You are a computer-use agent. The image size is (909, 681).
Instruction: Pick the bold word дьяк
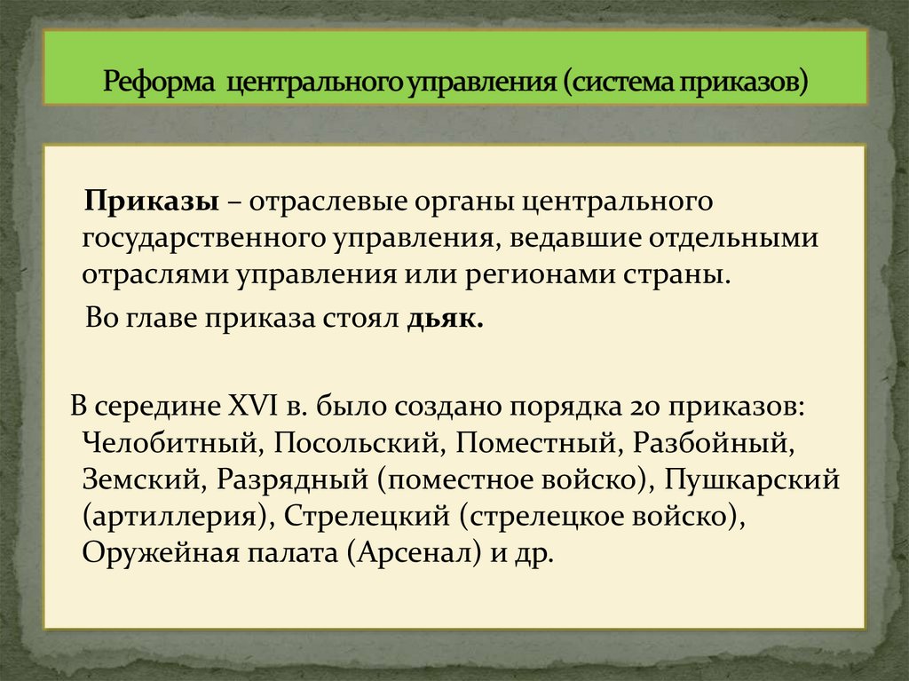[x=445, y=320]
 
